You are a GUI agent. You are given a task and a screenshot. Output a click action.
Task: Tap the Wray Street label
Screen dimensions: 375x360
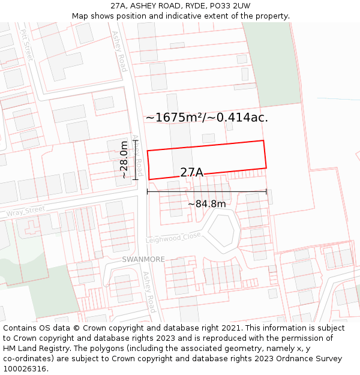click(x=26, y=212)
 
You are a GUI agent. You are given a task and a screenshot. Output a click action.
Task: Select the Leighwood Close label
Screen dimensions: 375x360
click(x=173, y=238)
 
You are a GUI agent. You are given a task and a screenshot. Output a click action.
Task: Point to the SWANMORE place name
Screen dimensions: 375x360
click(x=143, y=259)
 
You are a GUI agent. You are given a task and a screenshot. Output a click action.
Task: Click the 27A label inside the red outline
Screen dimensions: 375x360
click(x=191, y=173)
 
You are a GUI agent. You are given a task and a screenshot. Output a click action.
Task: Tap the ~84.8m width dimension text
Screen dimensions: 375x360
click(x=206, y=204)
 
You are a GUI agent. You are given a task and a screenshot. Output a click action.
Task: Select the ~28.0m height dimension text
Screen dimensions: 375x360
click(x=124, y=160)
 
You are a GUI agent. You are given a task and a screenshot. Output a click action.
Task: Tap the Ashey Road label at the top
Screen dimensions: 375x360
click(x=120, y=52)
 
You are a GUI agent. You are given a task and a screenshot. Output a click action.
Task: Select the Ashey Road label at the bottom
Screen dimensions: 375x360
click(x=149, y=292)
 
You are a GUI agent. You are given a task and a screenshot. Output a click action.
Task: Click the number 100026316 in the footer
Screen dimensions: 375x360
click(x=25, y=369)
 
